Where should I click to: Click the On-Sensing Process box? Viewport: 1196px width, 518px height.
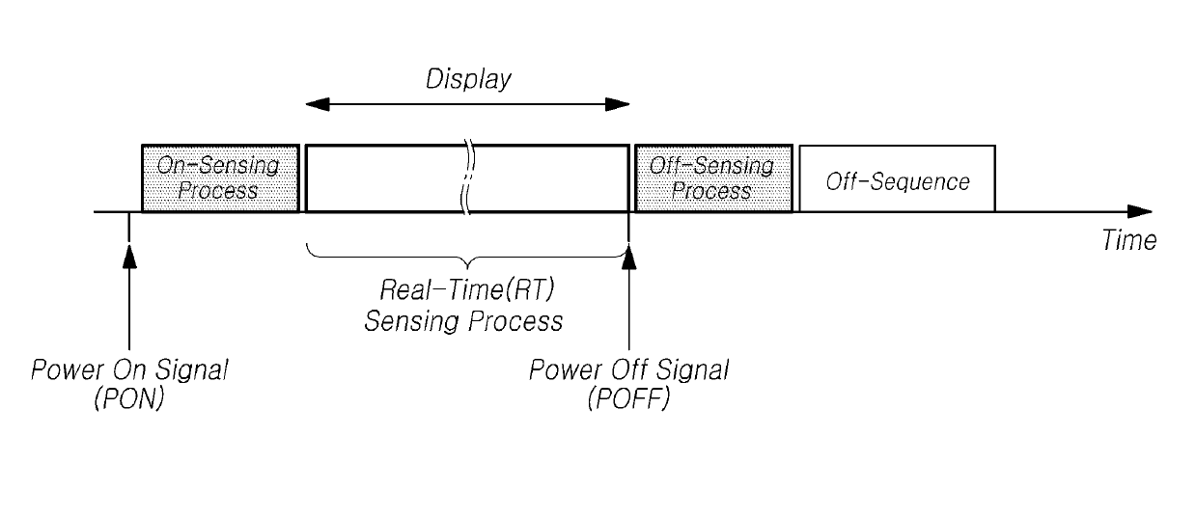[220, 178]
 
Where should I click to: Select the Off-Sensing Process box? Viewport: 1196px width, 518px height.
[713, 178]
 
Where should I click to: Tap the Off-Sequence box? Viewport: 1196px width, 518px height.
[897, 178]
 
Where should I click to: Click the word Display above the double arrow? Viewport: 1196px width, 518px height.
[468, 79]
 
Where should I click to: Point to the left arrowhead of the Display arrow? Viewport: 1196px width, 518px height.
[318, 104]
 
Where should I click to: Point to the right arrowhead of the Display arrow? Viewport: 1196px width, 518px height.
[618, 104]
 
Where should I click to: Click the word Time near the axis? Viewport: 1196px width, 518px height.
[1128, 240]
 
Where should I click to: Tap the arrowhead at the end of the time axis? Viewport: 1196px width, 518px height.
[1140, 212]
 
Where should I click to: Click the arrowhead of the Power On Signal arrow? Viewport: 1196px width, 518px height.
[129, 256]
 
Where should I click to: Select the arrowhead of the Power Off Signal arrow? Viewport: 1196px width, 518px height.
[629, 256]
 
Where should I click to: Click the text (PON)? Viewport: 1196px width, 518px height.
[128, 398]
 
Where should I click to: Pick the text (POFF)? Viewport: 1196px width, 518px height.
[628, 398]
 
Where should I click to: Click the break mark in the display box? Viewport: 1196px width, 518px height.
[468, 177]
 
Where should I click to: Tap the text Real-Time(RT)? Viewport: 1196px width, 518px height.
[467, 290]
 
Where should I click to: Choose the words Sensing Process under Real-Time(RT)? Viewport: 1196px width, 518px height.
[463, 321]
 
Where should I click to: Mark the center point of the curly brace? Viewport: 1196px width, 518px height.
[468, 264]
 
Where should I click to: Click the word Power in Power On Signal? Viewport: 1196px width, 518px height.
[67, 369]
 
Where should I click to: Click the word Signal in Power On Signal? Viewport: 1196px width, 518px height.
[192, 370]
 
